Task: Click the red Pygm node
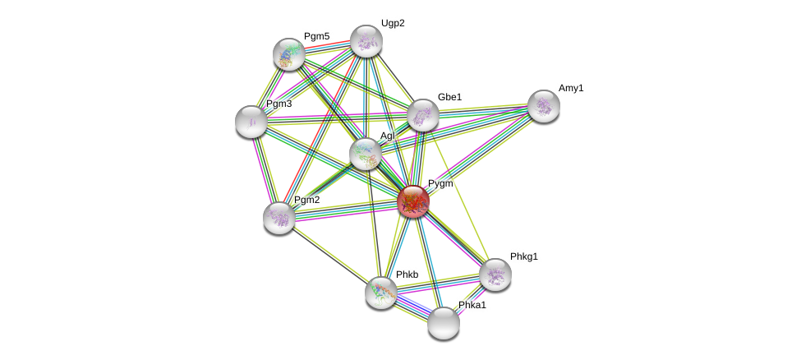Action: click(413, 201)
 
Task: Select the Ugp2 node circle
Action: click(366, 41)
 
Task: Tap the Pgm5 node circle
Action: click(289, 54)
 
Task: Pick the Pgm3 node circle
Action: click(251, 122)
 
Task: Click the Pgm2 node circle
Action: click(279, 218)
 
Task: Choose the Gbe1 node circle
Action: click(423, 115)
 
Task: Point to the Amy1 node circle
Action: click(544, 106)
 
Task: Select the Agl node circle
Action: click(366, 154)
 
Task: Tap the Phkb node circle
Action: click(381, 293)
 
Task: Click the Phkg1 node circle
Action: click(495, 275)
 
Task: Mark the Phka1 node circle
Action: click(444, 323)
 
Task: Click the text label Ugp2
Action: click(393, 23)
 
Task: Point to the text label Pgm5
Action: click(316, 36)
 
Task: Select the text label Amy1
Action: click(571, 88)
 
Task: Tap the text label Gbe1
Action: click(449, 97)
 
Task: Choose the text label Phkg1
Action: click(523, 256)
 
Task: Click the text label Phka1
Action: click(472, 305)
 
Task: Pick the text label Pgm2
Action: click(306, 200)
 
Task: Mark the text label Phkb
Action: click(407, 275)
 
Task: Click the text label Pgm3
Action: click(279, 104)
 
